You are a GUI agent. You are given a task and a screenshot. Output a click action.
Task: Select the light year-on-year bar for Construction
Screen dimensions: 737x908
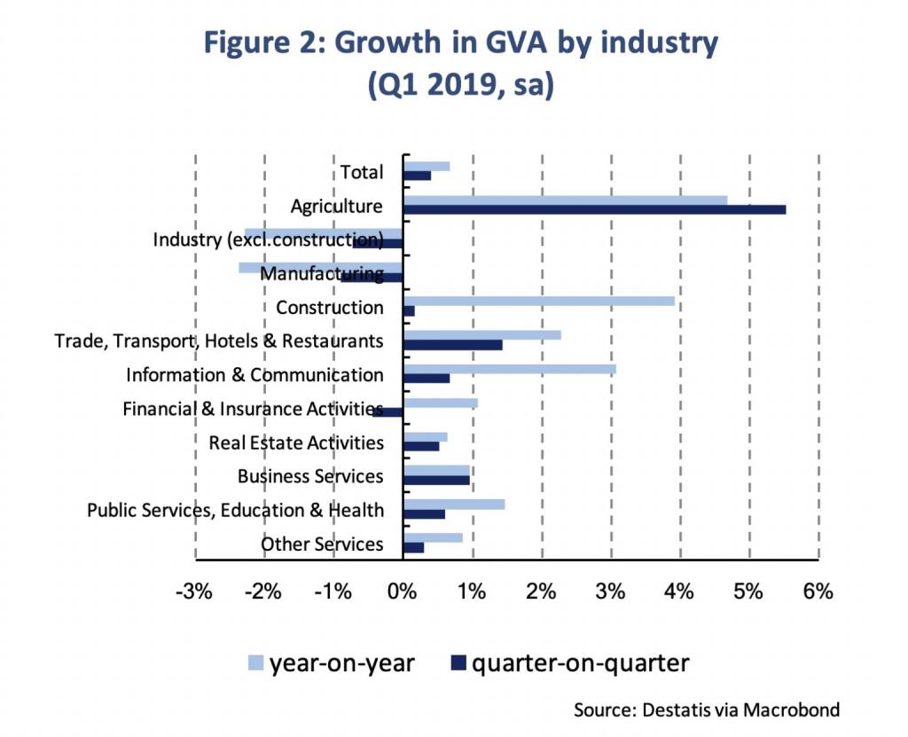click(538, 302)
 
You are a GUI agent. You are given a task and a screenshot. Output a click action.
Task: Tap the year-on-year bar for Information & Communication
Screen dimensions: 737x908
click(509, 368)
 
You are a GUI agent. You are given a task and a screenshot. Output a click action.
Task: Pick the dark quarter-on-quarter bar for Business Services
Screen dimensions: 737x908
click(435, 480)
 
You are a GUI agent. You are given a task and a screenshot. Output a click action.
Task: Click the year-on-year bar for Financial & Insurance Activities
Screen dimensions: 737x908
click(440, 403)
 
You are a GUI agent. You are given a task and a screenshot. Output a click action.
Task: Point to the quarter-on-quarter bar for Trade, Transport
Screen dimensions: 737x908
click(452, 345)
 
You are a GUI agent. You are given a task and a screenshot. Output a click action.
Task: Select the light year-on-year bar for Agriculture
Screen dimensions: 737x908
click(565, 200)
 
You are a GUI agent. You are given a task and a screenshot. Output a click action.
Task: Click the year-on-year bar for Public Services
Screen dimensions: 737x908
click(453, 504)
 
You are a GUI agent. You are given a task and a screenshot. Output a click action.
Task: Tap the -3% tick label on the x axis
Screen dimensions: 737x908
click(194, 592)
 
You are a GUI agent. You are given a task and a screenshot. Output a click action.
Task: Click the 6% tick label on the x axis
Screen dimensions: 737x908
click(818, 592)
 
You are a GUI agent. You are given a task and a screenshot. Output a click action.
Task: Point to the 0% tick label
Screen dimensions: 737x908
click(403, 592)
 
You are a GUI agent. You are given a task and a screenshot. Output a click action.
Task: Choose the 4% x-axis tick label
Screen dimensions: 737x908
click(679, 592)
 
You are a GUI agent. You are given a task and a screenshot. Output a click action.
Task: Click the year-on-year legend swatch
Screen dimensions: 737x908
click(255, 663)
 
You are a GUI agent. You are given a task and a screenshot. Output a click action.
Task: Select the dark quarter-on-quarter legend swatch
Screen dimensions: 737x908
click(458, 663)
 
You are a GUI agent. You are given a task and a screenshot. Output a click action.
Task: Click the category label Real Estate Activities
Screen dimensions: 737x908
click(296, 443)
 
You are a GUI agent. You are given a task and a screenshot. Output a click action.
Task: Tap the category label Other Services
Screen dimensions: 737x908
click(322, 544)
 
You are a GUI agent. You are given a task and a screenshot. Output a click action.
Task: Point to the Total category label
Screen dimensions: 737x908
click(362, 172)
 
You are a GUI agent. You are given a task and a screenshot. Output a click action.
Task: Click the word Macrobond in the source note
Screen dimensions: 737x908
click(793, 710)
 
